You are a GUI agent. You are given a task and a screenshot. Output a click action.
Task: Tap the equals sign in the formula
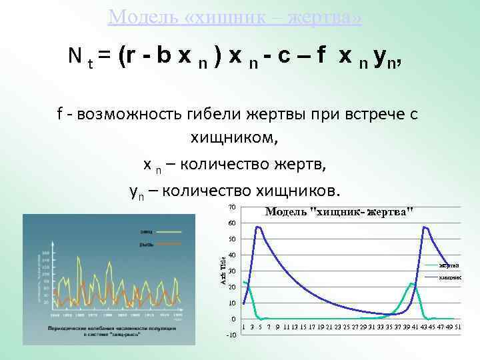[105, 57]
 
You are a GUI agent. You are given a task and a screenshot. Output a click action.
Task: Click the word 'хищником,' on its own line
[234, 139]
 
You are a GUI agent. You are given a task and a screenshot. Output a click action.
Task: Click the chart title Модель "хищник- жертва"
[339, 211]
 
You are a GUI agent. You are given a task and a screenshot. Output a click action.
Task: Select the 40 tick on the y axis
[231, 255]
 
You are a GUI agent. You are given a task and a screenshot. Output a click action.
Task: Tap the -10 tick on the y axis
[230, 335]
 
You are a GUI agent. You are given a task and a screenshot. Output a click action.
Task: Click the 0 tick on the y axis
[233, 319]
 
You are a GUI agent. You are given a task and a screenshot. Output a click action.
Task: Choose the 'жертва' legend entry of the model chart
[448, 265]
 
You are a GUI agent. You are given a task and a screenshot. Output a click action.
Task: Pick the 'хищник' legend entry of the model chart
[449, 277]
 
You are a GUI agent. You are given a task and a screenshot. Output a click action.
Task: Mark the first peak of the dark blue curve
[258, 227]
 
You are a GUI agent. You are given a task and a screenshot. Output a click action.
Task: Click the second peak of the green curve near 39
[413, 283]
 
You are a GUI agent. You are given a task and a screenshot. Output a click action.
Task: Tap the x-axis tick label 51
[457, 327]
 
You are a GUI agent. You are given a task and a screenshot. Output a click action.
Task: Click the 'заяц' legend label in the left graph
[146, 231]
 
